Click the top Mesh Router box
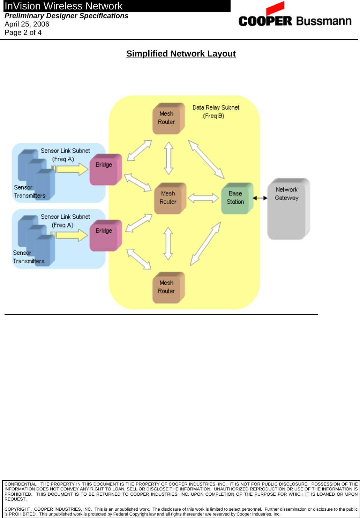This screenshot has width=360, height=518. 168,118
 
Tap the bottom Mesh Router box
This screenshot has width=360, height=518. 168,287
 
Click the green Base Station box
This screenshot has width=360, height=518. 237,198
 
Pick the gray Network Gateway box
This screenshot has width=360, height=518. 287,209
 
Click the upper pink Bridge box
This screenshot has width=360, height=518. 105,170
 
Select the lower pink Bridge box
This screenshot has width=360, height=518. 105,235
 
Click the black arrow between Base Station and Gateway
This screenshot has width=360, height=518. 260,198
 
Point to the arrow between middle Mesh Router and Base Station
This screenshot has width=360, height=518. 203,198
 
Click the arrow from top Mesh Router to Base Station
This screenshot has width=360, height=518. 206,159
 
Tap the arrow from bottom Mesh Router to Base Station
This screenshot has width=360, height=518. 205,244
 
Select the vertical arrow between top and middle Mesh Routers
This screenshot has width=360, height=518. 169,158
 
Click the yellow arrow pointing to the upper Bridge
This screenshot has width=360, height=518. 71,169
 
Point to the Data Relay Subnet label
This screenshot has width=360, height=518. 216,107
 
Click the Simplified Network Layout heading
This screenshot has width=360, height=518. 181,54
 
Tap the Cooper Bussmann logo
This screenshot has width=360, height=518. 295,16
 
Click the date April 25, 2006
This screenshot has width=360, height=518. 27,24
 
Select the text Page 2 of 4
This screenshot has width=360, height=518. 23,32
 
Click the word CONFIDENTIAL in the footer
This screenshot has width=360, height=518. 21,484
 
